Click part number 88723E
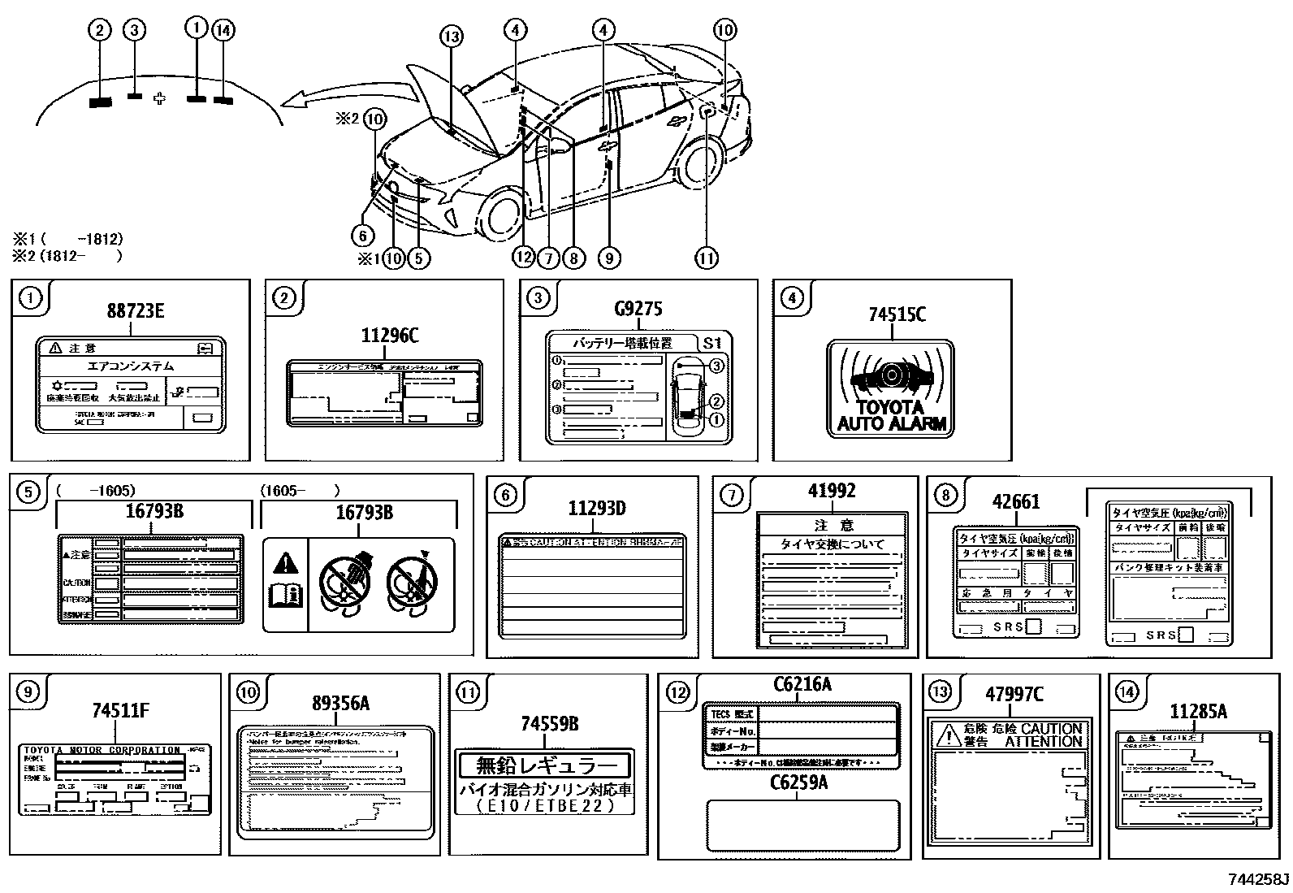[x=135, y=310]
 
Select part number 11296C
[x=390, y=336]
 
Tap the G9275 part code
[x=638, y=309]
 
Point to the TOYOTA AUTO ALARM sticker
[x=891, y=388]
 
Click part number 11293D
[x=596, y=509]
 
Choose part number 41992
[x=831, y=491]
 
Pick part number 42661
[x=1016, y=502]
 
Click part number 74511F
[x=120, y=711]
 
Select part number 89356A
[x=340, y=704]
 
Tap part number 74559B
[x=550, y=724]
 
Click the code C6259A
[x=800, y=782]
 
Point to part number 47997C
[x=1014, y=695]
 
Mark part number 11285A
[x=1198, y=712]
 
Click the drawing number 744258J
[x=1258, y=879]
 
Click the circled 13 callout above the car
[x=452, y=37]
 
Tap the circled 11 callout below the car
[x=706, y=258]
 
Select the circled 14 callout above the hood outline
[x=223, y=30]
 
